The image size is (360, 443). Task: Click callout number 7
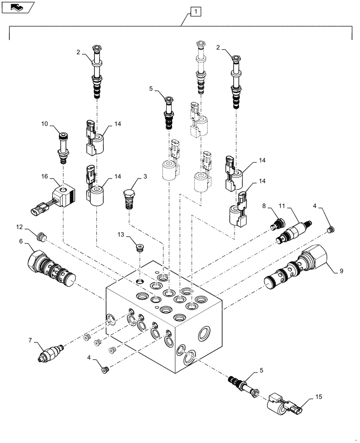31,341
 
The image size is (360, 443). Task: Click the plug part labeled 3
128,198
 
